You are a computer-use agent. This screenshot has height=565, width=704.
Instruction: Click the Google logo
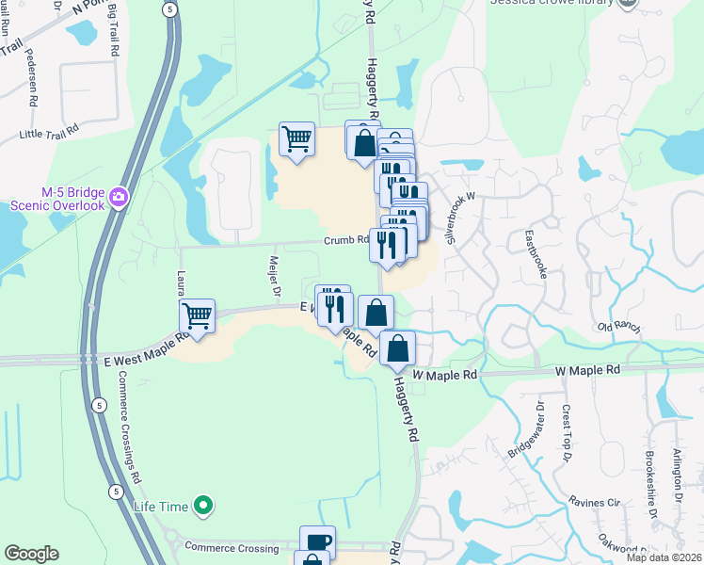click(x=30, y=554)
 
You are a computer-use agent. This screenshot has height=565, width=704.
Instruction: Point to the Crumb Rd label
click(x=346, y=239)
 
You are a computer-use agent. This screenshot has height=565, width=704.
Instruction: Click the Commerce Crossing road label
click(x=231, y=546)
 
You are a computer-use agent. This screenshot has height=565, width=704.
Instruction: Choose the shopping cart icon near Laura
click(x=197, y=316)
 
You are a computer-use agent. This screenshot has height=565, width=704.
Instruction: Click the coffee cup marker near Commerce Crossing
click(x=317, y=541)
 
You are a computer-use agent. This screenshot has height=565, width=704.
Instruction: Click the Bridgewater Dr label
click(x=526, y=429)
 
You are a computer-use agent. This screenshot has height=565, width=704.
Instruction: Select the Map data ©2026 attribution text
click(x=664, y=557)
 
